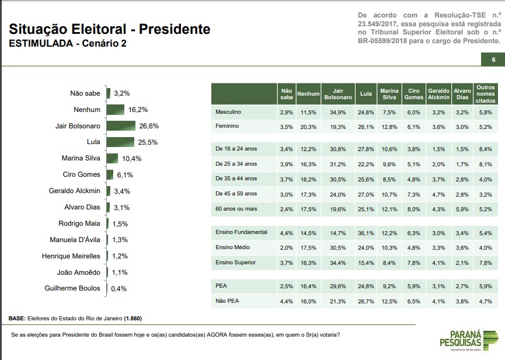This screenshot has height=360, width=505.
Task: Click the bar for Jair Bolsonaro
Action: [120, 125]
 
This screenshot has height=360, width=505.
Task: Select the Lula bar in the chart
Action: [120, 142]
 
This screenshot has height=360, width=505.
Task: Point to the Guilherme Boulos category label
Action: [72, 288]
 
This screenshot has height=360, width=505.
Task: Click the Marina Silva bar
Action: [112, 158]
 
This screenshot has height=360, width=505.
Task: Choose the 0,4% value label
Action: [119, 288]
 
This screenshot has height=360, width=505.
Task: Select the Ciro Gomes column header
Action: [413, 94]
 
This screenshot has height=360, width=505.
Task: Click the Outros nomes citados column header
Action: [486, 94]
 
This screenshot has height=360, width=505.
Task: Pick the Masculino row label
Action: [229, 111]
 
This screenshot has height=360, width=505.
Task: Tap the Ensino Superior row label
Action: [236, 263]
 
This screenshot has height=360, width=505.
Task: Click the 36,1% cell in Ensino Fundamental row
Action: [366, 232]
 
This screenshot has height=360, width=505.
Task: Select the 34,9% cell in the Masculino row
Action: [337, 111]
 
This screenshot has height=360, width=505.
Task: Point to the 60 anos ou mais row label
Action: [236, 208]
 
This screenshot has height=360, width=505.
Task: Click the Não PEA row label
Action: [227, 301]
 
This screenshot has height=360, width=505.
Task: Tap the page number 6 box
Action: [493, 60]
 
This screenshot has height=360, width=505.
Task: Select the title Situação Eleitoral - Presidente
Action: [110, 29]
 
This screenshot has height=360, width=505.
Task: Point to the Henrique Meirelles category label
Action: [71, 256]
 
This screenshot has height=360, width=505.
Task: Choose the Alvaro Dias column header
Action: [462, 94]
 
